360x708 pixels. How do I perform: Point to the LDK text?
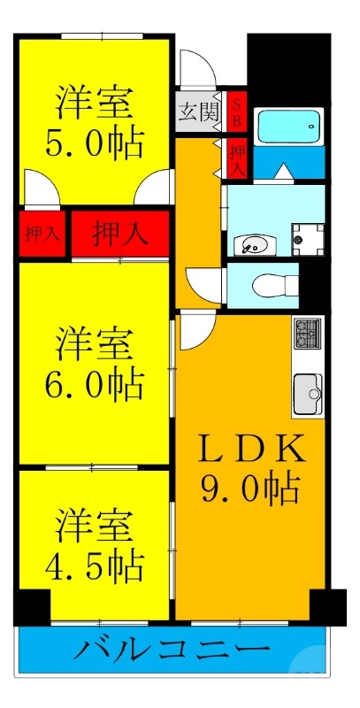[249, 450]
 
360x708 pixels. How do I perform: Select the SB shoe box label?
[237, 111]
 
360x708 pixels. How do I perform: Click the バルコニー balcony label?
[172, 652]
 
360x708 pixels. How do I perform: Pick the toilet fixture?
[266, 284]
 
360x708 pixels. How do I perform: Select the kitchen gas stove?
[307, 334]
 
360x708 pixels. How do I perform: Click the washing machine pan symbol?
[309, 235]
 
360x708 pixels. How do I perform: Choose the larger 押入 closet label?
[119, 234]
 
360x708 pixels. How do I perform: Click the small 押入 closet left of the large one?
[42, 235]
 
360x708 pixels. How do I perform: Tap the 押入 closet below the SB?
[237, 157]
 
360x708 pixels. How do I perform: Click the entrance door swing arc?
[194, 68]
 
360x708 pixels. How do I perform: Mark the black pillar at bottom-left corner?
[32, 607]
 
